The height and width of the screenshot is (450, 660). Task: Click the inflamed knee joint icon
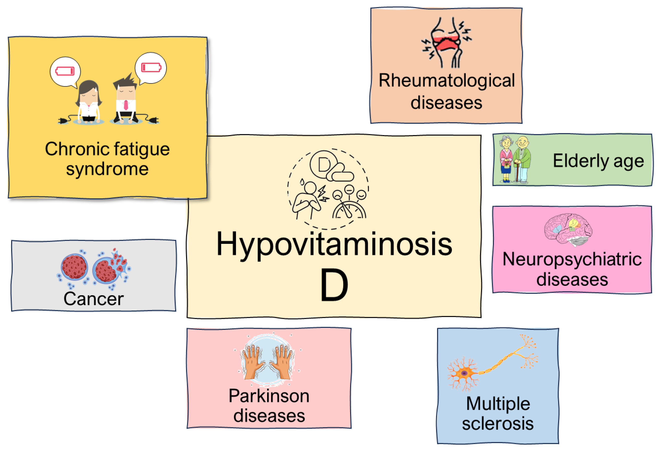[x=446, y=43]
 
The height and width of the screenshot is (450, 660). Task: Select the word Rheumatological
[x=446, y=81]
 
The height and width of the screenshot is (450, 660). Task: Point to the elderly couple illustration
[x=515, y=159]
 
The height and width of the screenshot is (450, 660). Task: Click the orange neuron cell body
[x=464, y=373]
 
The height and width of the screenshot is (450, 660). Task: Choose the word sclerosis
[x=497, y=424]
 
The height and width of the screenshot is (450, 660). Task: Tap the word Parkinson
[x=269, y=396]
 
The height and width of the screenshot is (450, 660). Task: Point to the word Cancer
[x=93, y=299]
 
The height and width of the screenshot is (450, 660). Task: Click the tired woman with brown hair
[x=89, y=102]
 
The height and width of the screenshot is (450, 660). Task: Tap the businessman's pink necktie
[x=126, y=105]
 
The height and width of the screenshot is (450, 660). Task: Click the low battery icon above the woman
[x=65, y=71]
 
